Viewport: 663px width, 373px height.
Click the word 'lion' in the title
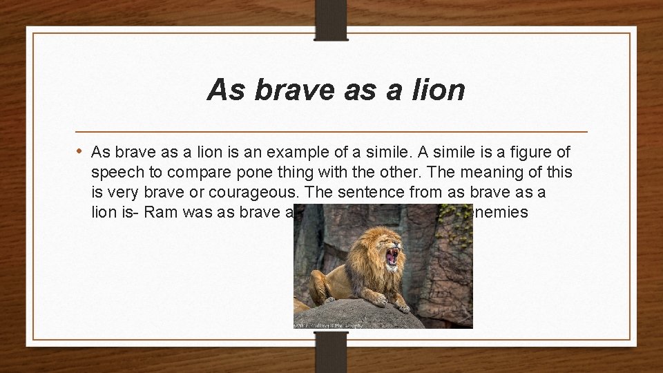coord(437,90)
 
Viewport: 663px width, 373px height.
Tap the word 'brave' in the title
coord(289,90)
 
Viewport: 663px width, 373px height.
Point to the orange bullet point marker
coord(81,151)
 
